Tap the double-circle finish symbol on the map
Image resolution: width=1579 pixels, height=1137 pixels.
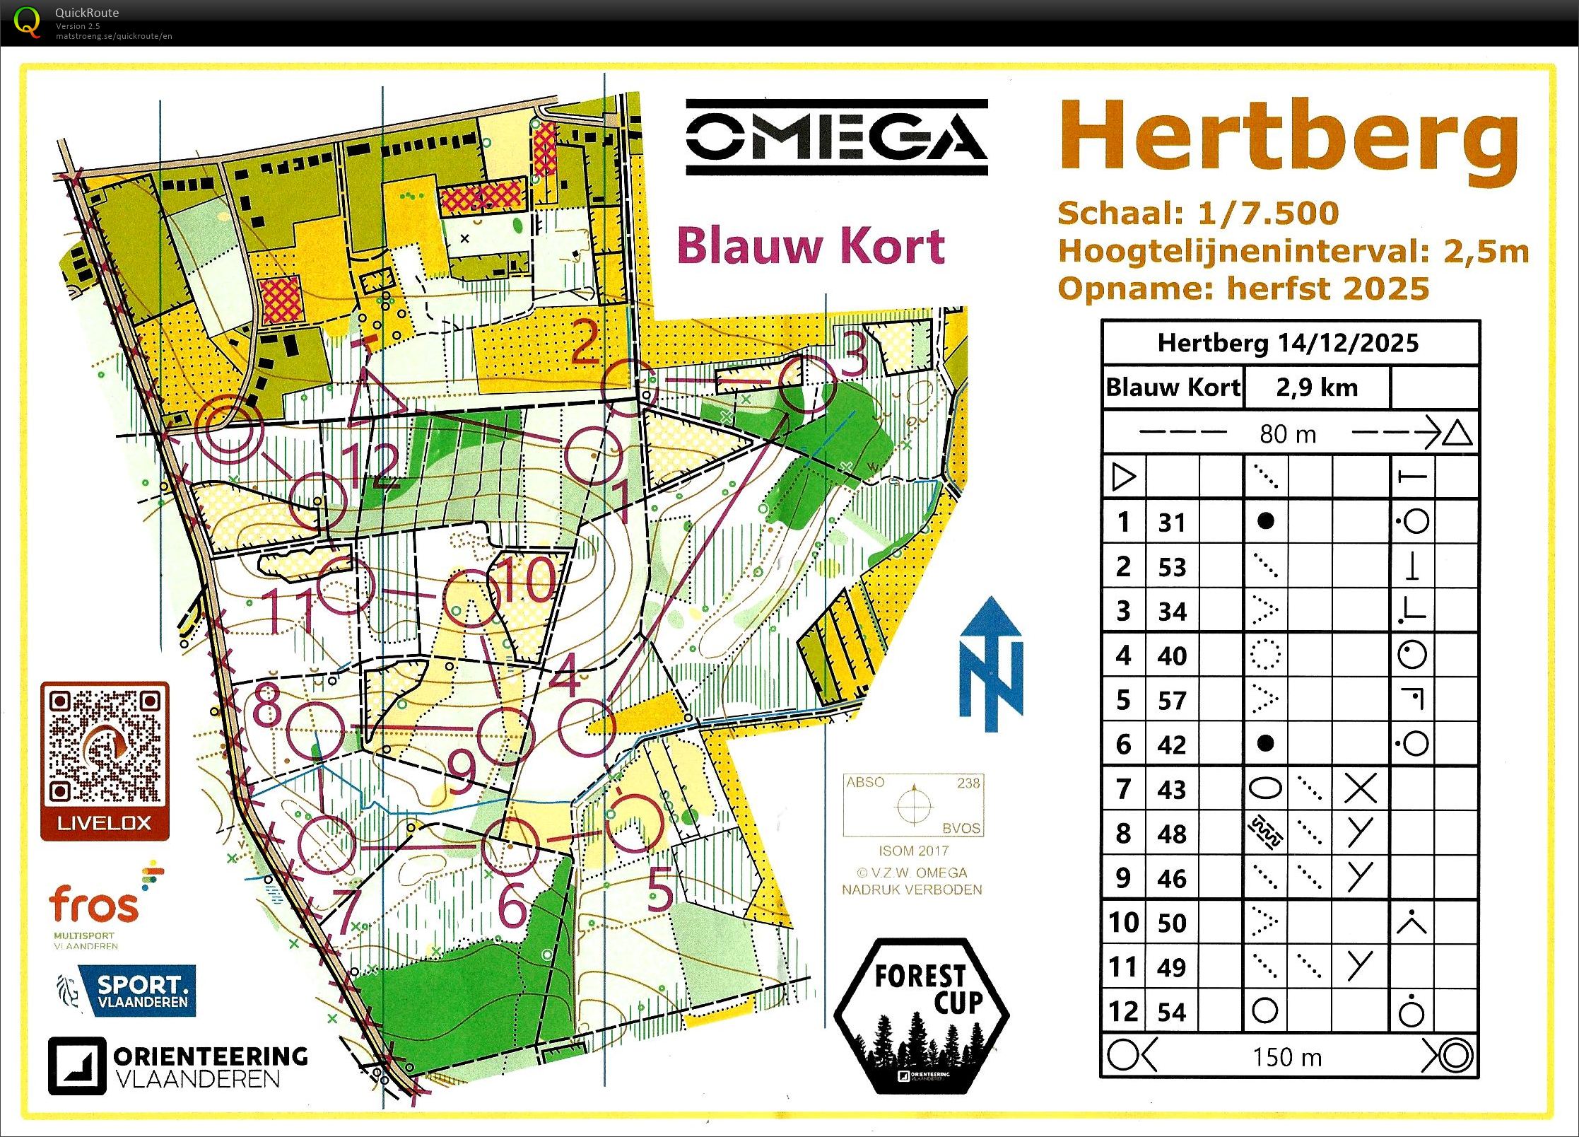[x=228, y=429]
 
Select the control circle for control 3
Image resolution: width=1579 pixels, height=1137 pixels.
[x=807, y=385]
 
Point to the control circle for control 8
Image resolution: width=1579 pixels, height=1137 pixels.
[x=316, y=731]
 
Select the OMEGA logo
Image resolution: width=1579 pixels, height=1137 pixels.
[x=836, y=137]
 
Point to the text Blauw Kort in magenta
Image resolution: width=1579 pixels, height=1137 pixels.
[x=811, y=246]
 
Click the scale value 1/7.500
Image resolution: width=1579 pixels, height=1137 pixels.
[x=1268, y=214]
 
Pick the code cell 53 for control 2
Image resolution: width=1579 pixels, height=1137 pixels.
[x=1171, y=567]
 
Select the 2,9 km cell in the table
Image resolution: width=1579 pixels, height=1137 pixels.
[x=1316, y=387]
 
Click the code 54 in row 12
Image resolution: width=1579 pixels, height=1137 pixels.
[x=1171, y=1012]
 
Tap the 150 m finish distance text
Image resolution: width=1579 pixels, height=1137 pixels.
[x=1286, y=1057]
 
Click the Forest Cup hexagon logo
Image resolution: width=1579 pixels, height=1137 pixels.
[x=921, y=1015]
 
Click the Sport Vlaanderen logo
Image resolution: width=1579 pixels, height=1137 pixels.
[x=127, y=991]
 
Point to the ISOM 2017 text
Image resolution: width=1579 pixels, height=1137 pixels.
[x=913, y=851]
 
